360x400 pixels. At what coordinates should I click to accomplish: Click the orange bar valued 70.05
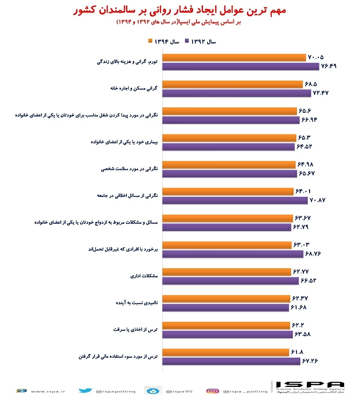click(x=234, y=58)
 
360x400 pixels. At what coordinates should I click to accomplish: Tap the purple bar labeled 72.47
click(x=237, y=93)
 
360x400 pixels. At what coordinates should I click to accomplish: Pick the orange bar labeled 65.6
click(x=229, y=111)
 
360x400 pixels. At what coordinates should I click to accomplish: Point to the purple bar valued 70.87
click(x=235, y=200)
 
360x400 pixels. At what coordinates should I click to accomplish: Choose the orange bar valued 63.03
click(x=226, y=245)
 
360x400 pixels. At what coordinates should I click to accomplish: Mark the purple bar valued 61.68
click(x=225, y=307)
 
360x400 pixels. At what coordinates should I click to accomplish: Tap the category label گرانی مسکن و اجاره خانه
click(x=133, y=89)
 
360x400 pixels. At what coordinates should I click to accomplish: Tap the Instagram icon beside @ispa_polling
click(x=212, y=391)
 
